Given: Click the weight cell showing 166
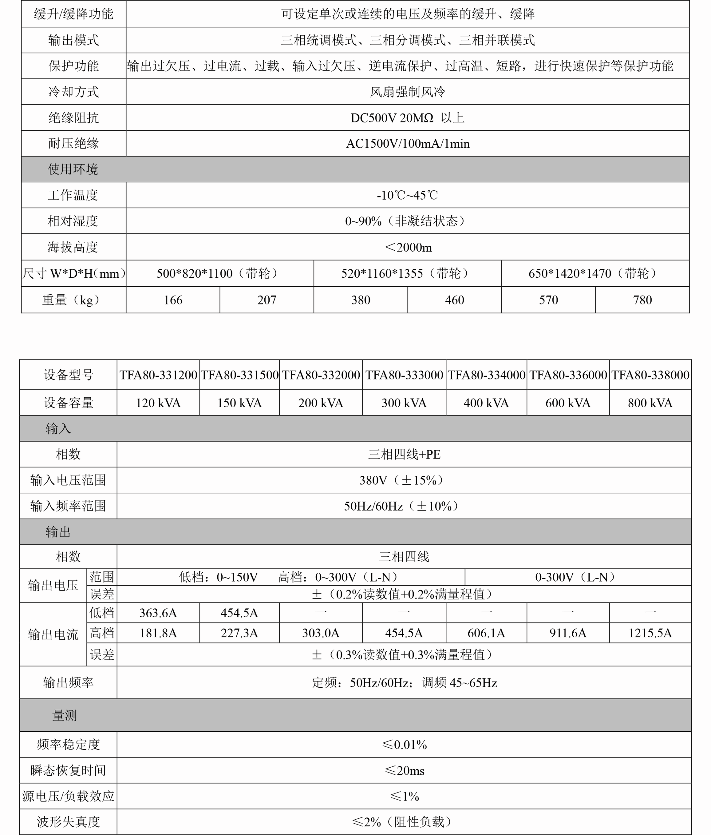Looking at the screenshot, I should tap(173, 300).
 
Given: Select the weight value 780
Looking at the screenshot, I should tap(642, 300).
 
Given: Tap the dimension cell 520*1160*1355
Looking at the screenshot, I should tap(407, 273).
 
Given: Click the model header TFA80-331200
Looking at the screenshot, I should tap(158, 375).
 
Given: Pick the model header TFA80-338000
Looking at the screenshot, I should tap(650, 375).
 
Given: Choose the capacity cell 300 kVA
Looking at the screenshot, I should tap(404, 403).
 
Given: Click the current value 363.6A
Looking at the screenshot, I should tap(158, 613).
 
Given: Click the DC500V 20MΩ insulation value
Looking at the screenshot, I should tap(407, 118).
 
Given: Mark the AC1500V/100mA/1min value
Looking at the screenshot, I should tap(408, 143).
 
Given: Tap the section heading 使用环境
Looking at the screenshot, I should tap(73, 169).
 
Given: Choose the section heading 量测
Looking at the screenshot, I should tap(65, 715).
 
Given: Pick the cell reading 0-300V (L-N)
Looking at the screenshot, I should tap(577, 577).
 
